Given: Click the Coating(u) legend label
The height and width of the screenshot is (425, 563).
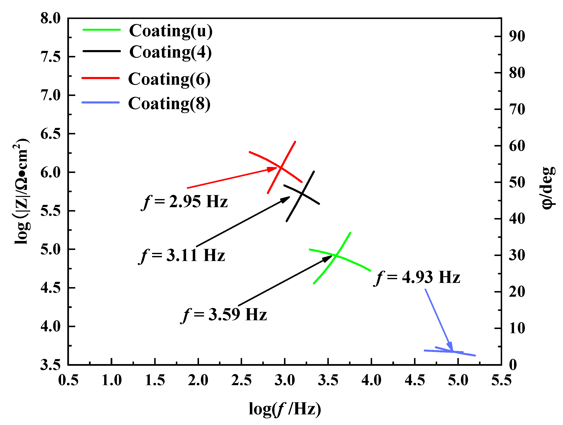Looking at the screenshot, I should tap(170, 31).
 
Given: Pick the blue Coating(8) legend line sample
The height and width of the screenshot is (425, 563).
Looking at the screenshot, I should tap(100, 102).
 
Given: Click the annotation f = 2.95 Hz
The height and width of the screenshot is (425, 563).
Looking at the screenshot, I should tap(185, 202).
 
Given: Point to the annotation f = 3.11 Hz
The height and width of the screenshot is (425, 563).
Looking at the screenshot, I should tap(182, 255).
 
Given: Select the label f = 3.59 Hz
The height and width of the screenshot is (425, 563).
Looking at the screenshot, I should tap(224, 314).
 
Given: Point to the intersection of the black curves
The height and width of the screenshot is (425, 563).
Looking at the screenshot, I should tap(302, 194).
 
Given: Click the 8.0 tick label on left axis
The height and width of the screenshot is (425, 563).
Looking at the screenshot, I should tap(50, 18).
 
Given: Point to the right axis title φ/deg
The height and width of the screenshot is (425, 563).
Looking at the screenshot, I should tap(548, 188).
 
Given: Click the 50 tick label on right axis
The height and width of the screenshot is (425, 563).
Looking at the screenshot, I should tap(517, 182).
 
